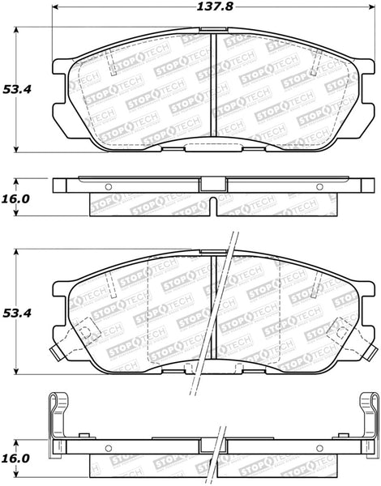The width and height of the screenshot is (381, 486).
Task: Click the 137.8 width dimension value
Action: (x=215, y=6)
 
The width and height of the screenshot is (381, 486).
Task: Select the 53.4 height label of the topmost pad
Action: (x=17, y=90)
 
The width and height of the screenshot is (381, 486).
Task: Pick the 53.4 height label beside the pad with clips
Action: (x=17, y=313)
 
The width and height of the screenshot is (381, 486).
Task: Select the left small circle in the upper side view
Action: (x=109, y=187)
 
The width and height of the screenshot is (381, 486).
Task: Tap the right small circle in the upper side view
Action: (x=319, y=187)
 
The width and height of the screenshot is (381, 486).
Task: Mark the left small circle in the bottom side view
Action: (x=109, y=448)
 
